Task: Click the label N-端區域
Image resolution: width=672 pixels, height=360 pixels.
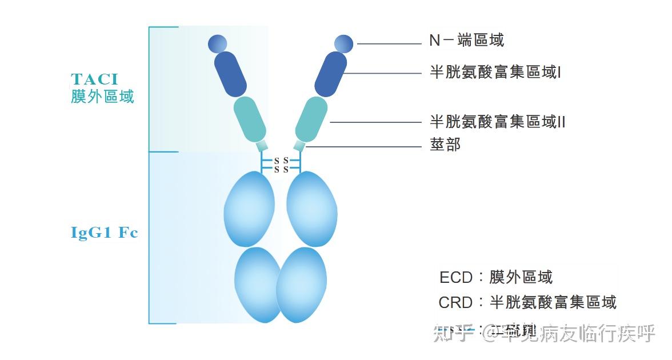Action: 466,40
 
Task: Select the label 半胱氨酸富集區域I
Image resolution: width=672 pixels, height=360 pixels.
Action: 495,73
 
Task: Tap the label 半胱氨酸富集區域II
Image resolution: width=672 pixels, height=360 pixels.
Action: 497,122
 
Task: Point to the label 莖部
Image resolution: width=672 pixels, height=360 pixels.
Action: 445,145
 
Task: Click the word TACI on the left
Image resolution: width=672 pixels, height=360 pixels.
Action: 94,79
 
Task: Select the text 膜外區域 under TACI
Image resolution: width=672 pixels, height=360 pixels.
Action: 102,96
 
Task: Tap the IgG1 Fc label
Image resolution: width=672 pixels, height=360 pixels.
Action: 104,233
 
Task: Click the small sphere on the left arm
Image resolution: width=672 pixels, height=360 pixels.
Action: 218,43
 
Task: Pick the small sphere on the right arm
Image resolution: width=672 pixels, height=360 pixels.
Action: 344,43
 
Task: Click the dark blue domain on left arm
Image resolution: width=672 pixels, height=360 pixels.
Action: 230,74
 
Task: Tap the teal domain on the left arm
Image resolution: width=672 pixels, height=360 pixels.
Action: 250,119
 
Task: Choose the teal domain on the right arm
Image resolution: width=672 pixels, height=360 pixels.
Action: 311,119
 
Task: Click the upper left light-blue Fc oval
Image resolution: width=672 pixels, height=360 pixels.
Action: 249,209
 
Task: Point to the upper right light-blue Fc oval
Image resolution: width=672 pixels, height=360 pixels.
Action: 311,209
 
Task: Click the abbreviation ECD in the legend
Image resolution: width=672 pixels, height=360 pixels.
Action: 455,278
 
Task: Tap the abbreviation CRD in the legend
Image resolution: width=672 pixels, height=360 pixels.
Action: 455,302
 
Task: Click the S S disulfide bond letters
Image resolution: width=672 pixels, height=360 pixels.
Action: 281,165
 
